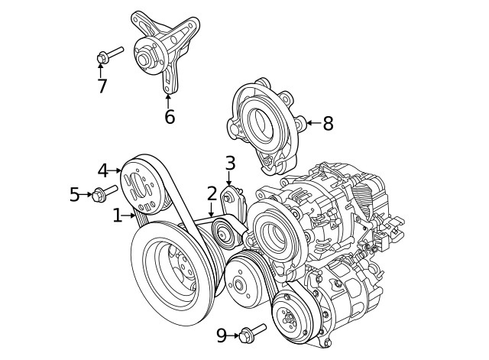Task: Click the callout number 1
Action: [117, 216]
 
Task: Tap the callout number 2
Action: [212, 193]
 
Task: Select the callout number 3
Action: [229, 163]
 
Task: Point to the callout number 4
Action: [102, 170]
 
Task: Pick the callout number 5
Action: [75, 195]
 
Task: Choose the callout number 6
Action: [169, 117]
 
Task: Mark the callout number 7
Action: [102, 86]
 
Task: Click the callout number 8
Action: [328, 123]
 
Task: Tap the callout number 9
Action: [222, 336]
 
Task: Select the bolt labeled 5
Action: [103, 193]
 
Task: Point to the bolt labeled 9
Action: [251, 333]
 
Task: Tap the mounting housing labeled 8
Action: [264, 126]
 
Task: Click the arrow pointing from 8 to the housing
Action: [312, 123]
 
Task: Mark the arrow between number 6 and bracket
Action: [168, 100]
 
